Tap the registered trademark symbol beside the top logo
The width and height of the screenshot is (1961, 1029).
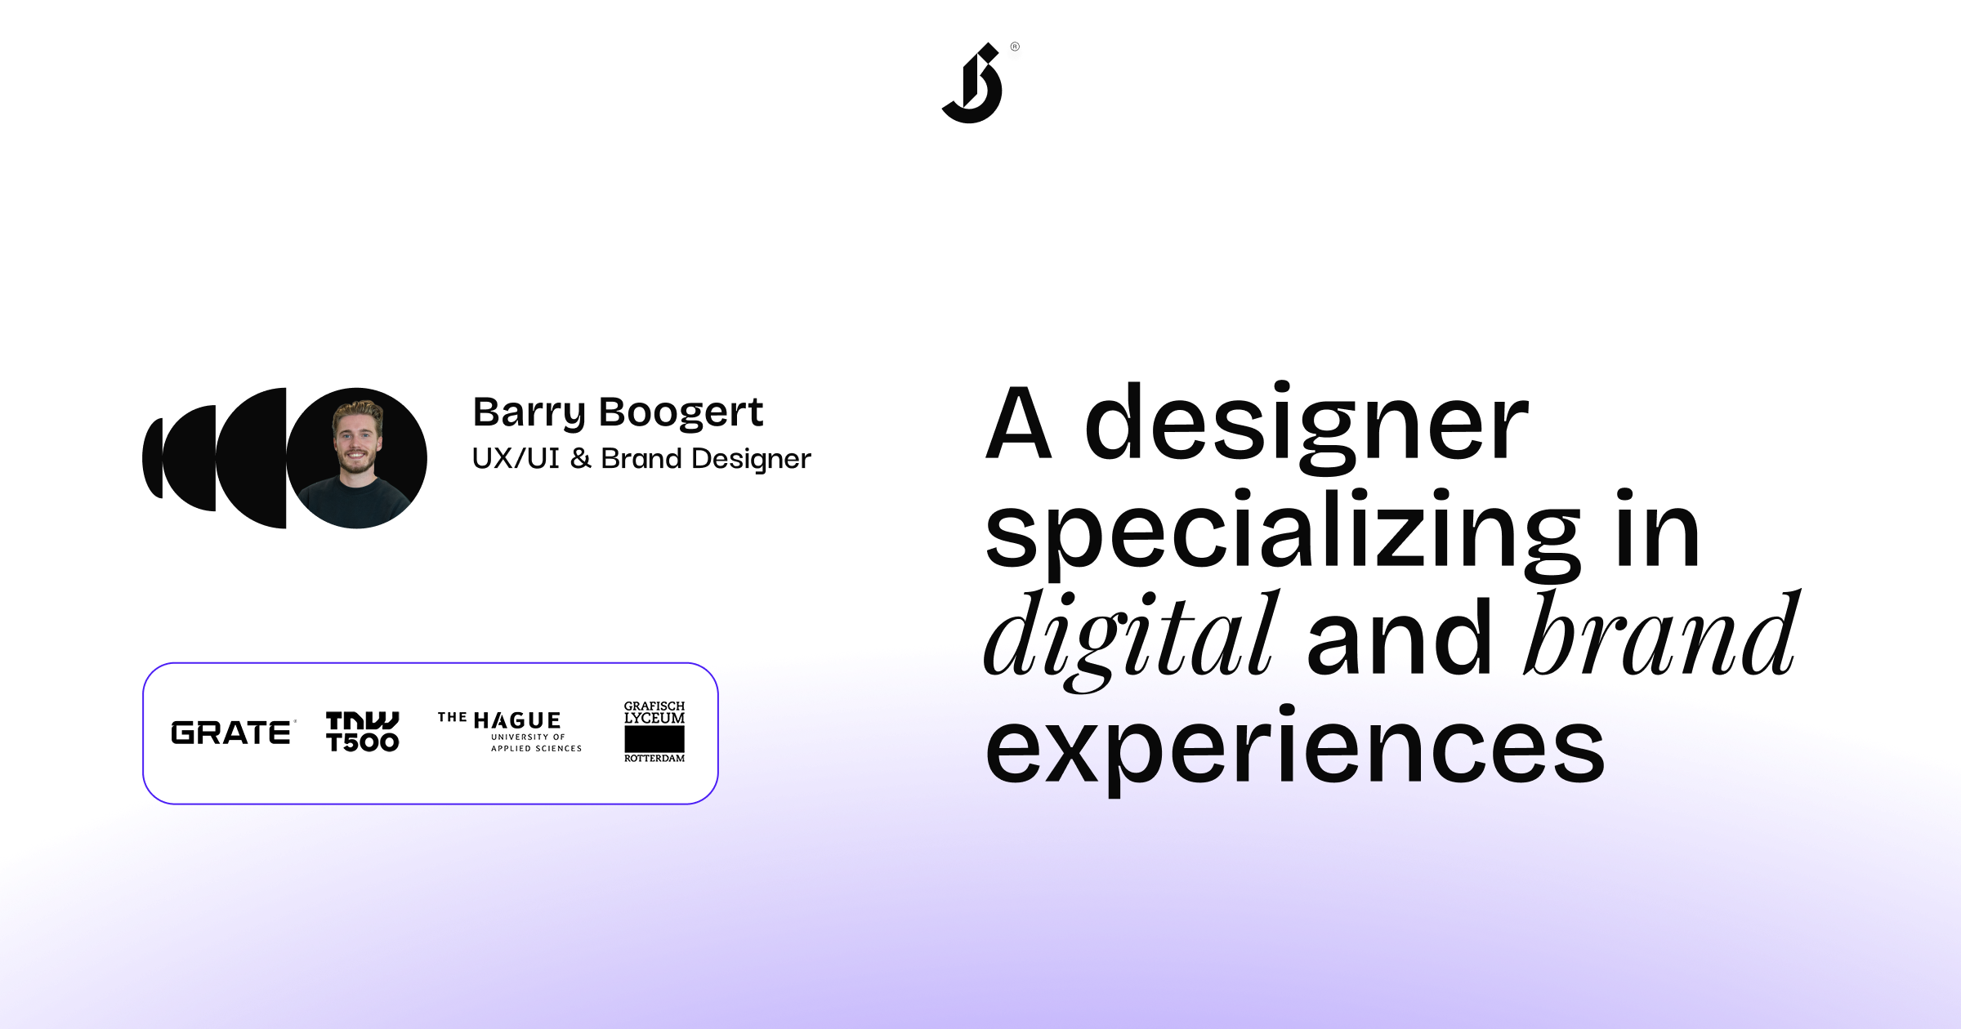(x=1015, y=47)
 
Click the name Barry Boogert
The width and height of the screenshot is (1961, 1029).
(x=618, y=412)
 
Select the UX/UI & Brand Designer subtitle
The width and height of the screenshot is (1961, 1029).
(x=641, y=459)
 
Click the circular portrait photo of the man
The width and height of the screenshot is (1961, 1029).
(x=357, y=458)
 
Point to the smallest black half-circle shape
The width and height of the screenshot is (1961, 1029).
(x=153, y=458)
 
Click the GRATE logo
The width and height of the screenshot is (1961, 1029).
(x=231, y=733)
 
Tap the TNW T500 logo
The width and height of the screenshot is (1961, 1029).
(x=362, y=732)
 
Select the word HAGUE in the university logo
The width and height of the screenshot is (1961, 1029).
(x=517, y=721)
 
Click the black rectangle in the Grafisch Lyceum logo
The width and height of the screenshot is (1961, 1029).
(x=654, y=739)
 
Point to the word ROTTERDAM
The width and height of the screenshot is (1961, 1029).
(x=654, y=759)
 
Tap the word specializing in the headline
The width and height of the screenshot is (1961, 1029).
(x=1283, y=532)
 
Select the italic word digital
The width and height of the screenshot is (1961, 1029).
(x=1130, y=637)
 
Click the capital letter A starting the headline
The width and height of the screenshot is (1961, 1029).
(x=1018, y=424)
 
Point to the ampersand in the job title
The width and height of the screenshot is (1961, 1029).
(x=580, y=459)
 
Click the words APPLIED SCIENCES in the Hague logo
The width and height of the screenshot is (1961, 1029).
(x=536, y=749)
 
